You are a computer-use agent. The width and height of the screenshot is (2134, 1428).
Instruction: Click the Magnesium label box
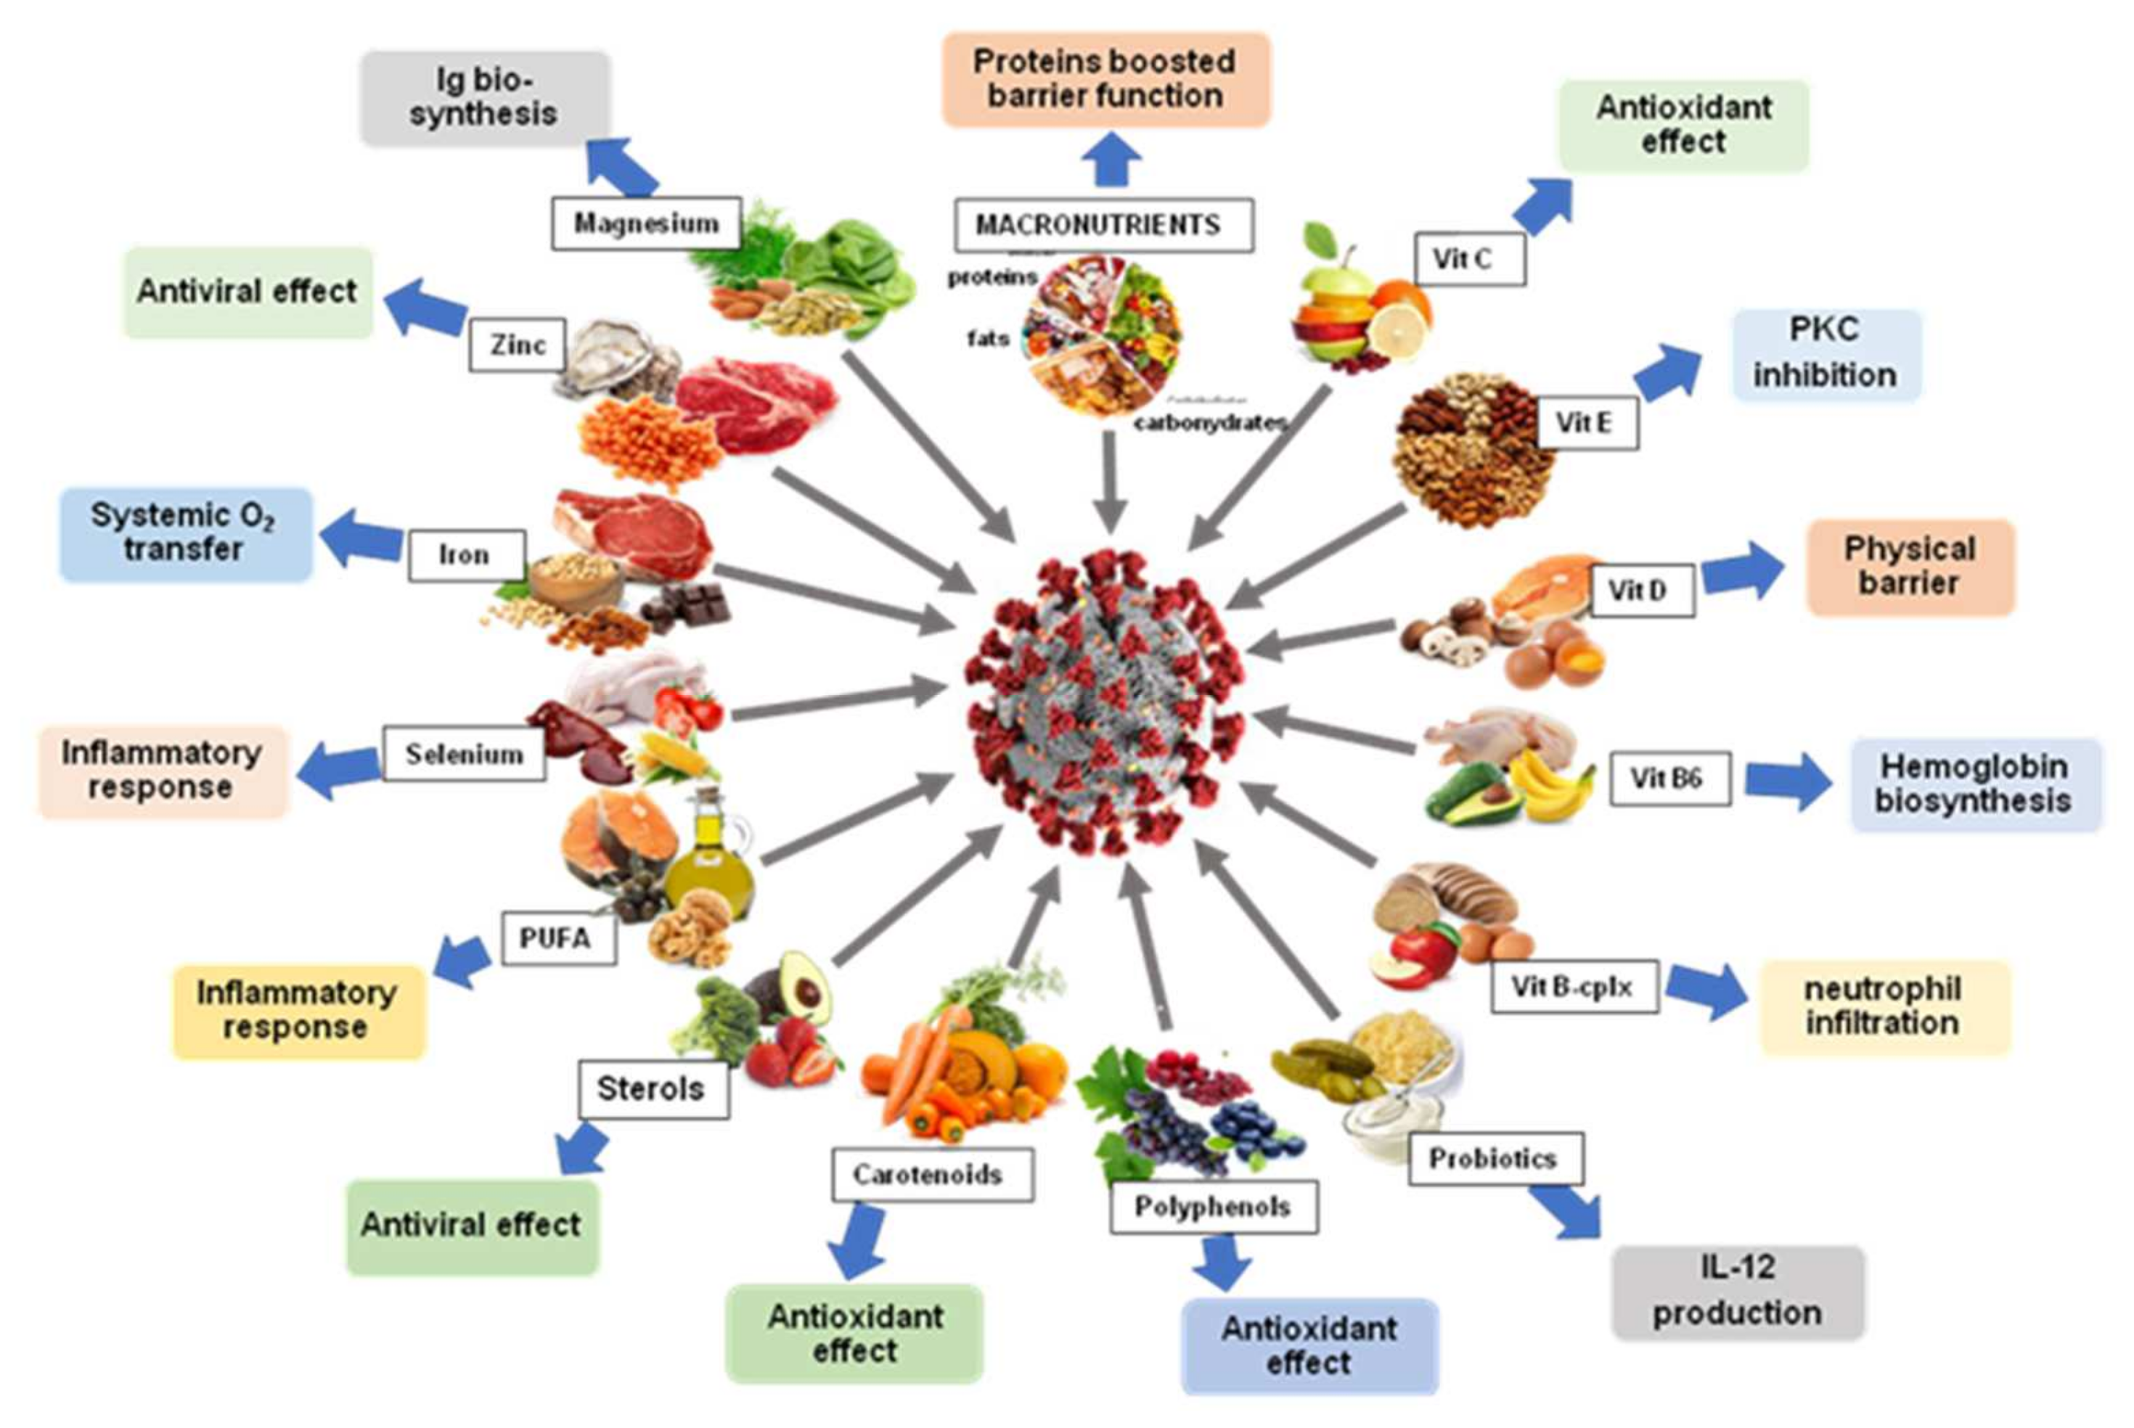point(646,223)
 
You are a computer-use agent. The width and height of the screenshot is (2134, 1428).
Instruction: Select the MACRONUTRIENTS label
point(1103,225)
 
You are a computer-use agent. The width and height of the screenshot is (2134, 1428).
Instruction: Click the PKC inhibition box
point(1826,354)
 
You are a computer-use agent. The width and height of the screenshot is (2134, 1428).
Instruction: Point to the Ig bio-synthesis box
point(485,97)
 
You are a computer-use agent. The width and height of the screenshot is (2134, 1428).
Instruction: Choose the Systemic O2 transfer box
point(186,533)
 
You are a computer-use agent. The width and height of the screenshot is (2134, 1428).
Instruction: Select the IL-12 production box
point(1737,1292)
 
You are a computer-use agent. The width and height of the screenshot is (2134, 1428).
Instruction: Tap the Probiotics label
point(1495,1158)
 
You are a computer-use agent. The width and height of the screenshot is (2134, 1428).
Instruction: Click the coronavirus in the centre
point(1104,703)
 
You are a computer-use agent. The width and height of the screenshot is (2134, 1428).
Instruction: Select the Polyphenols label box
point(1213,1207)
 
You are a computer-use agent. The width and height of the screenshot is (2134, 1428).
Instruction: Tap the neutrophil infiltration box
point(1884,1006)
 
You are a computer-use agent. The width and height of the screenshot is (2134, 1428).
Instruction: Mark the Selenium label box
point(464,754)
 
